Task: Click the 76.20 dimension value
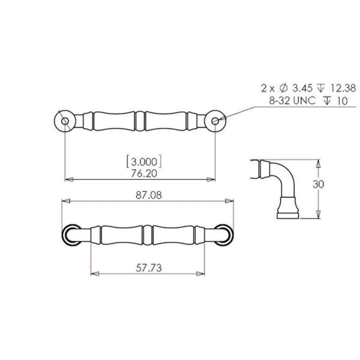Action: pyautogui.click(x=144, y=173)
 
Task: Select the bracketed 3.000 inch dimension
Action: pyautogui.click(x=144, y=162)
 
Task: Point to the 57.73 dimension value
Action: pyautogui.click(x=148, y=268)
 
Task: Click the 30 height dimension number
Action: pyautogui.click(x=319, y=184)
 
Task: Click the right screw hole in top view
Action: pyautogui.click(x=215, y=120)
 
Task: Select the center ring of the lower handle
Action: pyautogui.click(x=148, y=234)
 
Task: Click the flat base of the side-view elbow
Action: pyautogui.click(x=288, y=216)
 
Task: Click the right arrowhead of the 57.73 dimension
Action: pyautogui.click(x=201, y=274)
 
